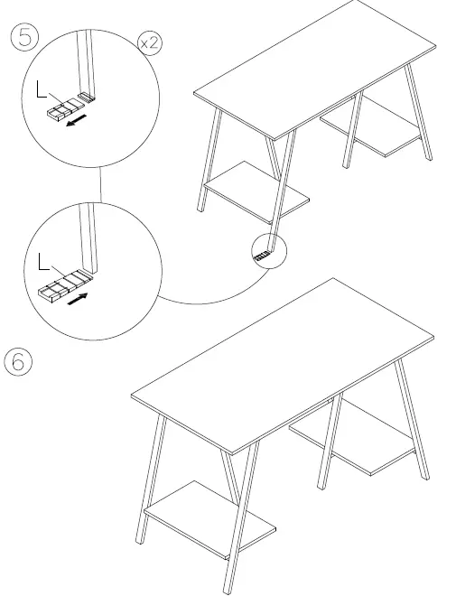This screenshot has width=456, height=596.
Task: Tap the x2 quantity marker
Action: tap(150, 43)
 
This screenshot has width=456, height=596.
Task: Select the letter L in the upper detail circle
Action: tap(37, 88)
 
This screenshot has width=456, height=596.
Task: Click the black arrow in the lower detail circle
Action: tap(81, 297)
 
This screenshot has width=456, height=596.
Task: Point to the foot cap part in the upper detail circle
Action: tap(63, 109)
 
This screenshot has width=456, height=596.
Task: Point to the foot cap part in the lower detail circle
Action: tap(63, 285)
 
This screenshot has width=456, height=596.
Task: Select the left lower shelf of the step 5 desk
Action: tap(257, 191)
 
